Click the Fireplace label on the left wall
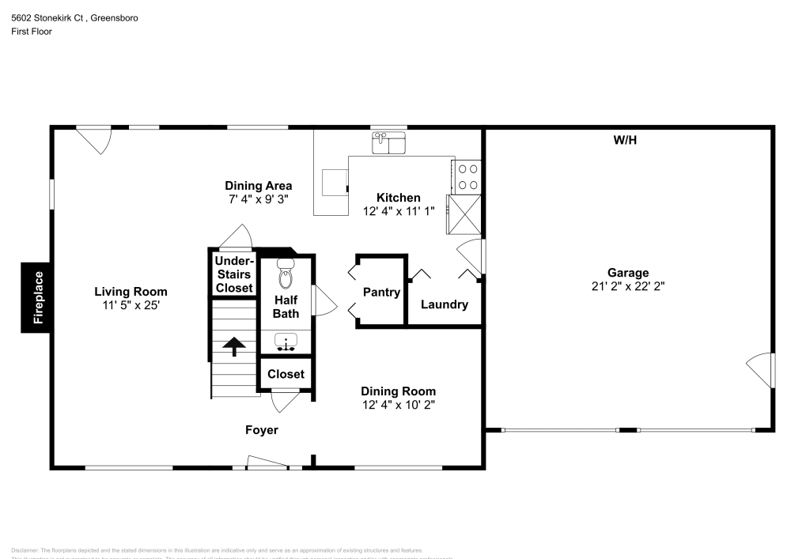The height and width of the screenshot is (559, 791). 36,297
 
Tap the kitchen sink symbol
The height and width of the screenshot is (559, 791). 388,144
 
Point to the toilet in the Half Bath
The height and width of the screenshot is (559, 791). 286,274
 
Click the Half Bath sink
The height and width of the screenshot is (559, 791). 286,342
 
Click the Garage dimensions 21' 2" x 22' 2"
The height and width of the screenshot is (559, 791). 628,286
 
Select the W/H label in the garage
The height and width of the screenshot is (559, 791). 625,141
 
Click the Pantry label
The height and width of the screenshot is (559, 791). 381,293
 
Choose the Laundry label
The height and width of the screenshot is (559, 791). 444,304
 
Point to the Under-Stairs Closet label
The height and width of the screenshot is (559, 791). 234,274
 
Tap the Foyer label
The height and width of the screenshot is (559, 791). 261,430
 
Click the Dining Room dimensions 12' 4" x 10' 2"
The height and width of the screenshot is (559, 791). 398,404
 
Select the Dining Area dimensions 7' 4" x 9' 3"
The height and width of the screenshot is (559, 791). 259,199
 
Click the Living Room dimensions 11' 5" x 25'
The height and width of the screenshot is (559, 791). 131,304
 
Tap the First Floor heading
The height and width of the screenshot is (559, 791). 32,32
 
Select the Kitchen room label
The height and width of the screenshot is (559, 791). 398,198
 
